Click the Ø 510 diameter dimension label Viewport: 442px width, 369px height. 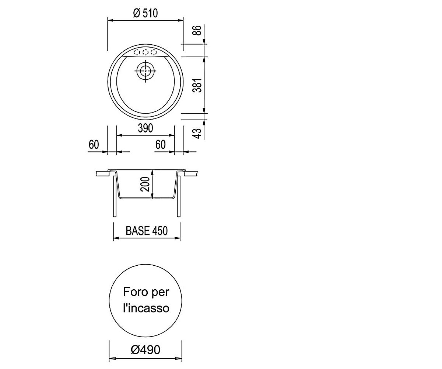(145, 13)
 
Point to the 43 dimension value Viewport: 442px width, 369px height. (197, 133)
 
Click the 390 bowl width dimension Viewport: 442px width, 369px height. (145, 128)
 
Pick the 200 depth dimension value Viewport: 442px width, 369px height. (145, 184)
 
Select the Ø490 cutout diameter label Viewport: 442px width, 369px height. (145, 350)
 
